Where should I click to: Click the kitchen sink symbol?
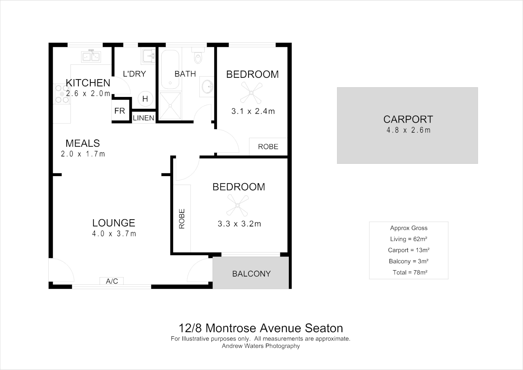coord(91,57)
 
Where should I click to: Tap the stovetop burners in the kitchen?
coord(62,94)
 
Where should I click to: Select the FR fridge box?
coord(119,111)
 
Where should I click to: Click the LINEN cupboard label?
coord(143,118)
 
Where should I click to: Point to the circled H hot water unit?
coord(145,99)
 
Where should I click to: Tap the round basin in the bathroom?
coord(207,87)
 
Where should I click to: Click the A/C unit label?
coord(112,281)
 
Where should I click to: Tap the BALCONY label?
coord(251,274)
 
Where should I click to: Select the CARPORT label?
coord(408,119)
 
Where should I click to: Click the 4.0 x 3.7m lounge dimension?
coord(114,234)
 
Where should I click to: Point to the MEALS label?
coord(83,143)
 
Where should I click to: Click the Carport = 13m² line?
coord(409,250)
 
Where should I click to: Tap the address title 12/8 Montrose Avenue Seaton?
coord(261,328)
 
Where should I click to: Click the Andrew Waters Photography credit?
coord(261,346)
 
